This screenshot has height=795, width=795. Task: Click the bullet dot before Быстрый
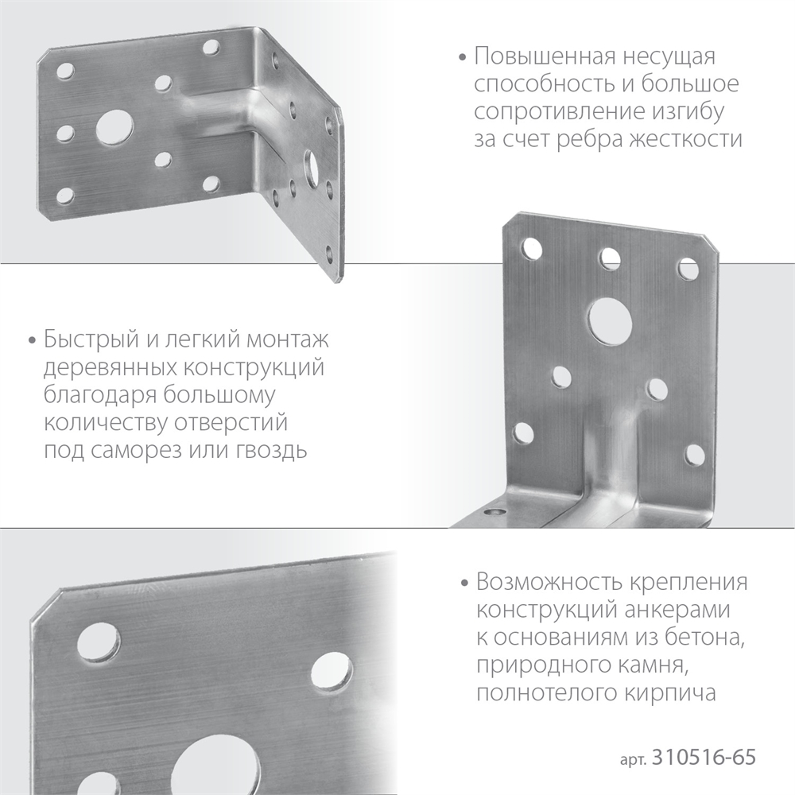[x=33, y=342]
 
